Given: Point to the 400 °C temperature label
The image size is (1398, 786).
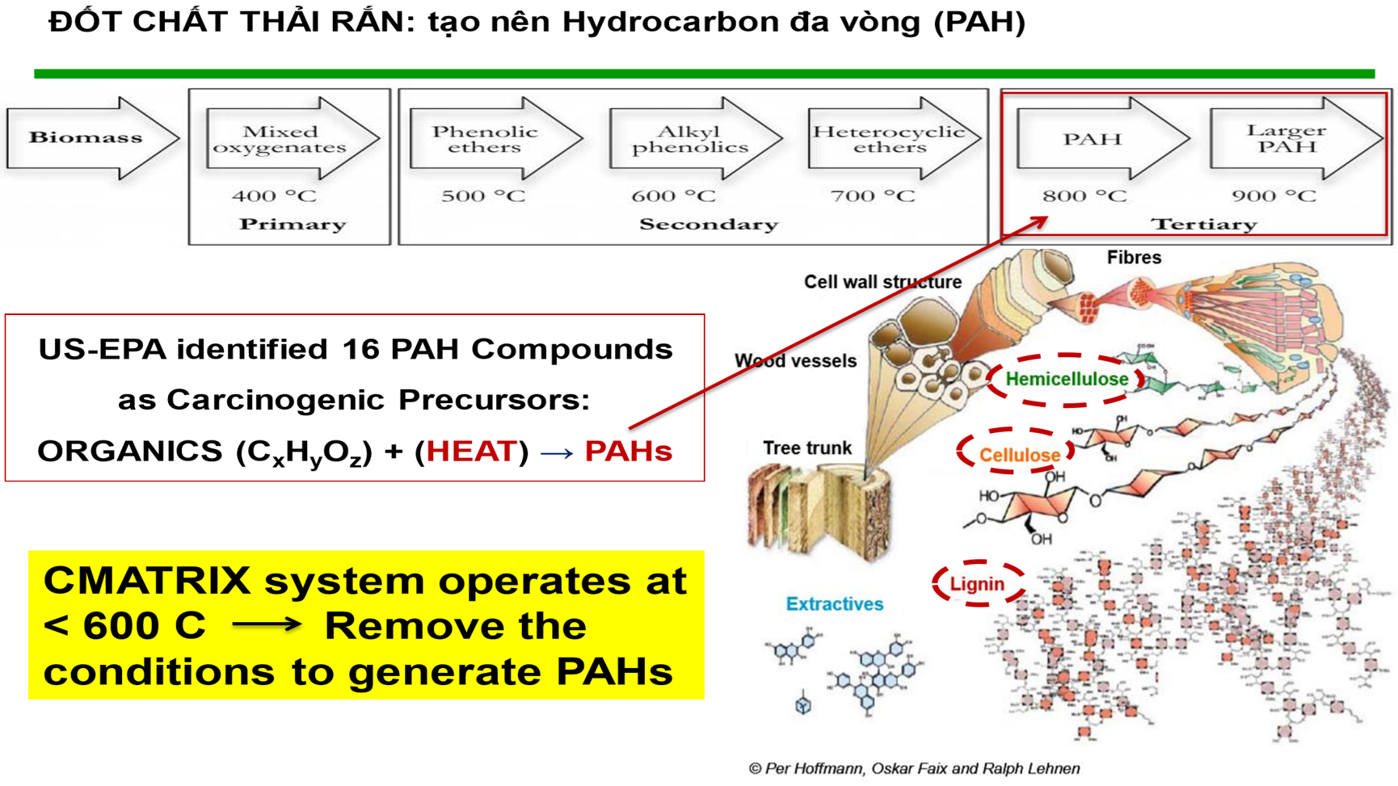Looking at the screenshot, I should coord(275,196).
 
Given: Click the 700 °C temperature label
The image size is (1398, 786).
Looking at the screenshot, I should coord(873,196).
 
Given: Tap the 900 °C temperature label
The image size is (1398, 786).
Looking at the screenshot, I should coord(1274,196).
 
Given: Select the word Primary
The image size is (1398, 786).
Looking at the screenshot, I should coord(293,225).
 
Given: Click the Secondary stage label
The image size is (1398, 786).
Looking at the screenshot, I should coord(709,225).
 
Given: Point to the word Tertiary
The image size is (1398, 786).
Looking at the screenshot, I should coord(1204,225).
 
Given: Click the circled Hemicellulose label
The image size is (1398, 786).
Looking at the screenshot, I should coord(1067,379).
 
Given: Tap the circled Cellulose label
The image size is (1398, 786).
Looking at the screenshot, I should coord(1019,455).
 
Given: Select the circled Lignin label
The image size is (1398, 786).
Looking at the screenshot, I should coord(977,584).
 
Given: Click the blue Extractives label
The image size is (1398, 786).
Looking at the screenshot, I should coord(835,603).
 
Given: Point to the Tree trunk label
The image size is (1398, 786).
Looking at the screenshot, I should coord(807,448).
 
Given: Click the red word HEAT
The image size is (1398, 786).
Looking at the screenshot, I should coord(471,451).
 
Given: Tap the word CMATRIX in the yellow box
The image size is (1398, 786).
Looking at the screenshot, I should coord(147,581).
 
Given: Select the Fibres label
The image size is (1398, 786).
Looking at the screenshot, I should coord(1134,258).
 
